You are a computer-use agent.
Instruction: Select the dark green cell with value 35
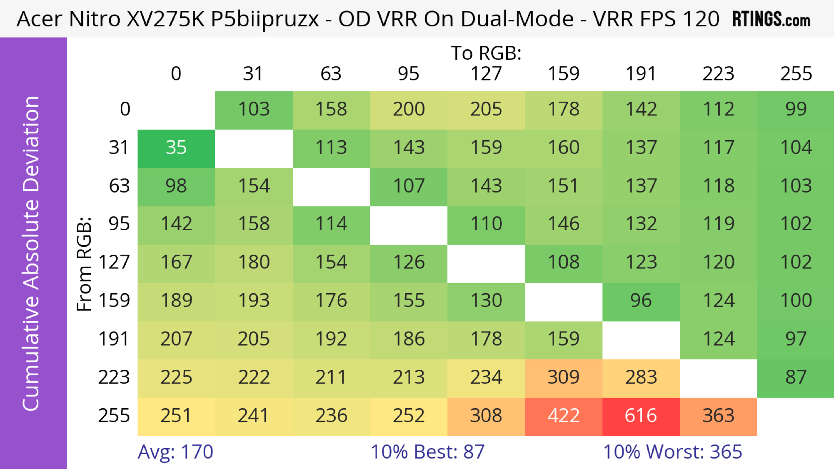click(x=176, y=148)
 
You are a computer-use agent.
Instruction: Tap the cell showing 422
click(x=563, y=416)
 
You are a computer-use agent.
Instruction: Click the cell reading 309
click(x=563, y=377)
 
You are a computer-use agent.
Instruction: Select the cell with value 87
click(x=796, y=377)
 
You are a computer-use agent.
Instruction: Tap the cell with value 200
click(x=409, y=110)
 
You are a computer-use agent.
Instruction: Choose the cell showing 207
click(x=176, y=339)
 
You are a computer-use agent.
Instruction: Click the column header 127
click(x=486, y=74)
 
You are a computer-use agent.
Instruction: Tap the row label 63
click(x=119, y=186)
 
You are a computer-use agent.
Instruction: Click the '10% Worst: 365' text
click(x=672, y=452)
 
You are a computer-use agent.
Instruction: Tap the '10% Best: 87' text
click(x=427, y=452)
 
